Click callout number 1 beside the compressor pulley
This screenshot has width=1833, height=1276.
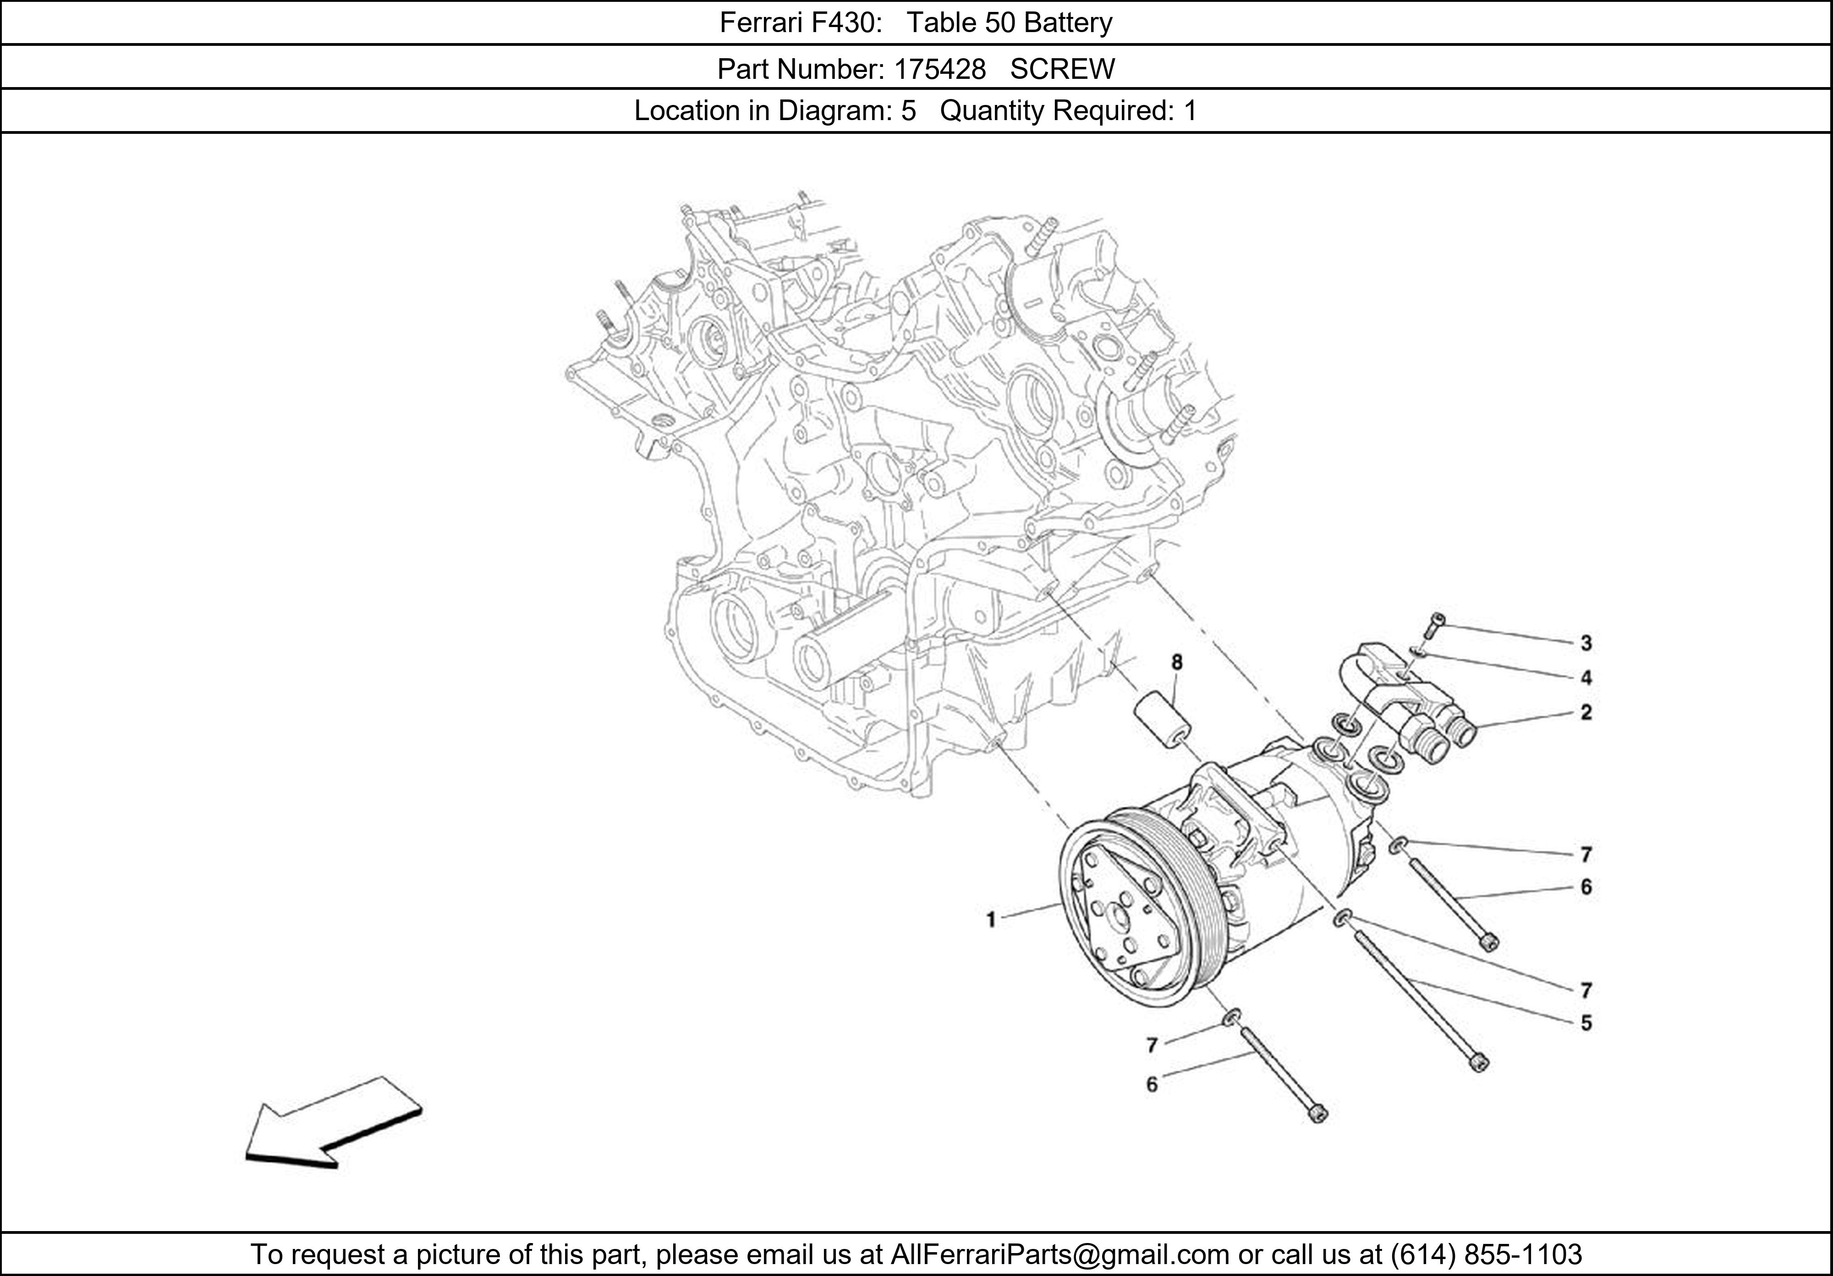pyautogui.click(x=991, y=920)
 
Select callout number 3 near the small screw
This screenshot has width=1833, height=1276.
pyautogui.click(x=1586, y=643)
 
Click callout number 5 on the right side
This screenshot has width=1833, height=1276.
pyautogui.click(x=1586, y=1023)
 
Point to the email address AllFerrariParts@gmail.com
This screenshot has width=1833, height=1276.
pyautogui.click(x=1059, y=1254)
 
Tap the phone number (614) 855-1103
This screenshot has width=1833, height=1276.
pyautogui.click(x=1486, y=1254)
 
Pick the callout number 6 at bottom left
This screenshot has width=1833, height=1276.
pyautogui.click(x=1151, y=1084)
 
